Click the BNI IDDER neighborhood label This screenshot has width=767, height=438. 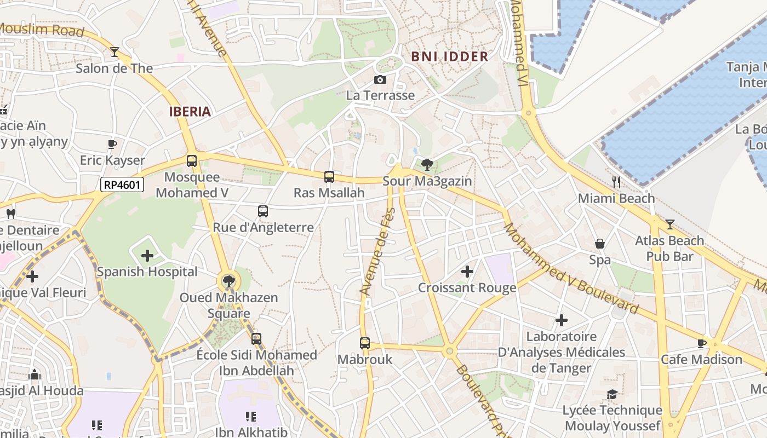coord(449,56)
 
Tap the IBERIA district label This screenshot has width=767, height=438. coord(190,112)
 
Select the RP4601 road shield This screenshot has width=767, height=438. coord(123,185)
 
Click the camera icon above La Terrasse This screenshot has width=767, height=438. coord(380,80)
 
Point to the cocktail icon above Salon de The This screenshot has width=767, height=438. coord(115,52)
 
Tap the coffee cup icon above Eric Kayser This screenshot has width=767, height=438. coord(112,145)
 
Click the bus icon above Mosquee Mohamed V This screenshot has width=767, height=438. coord(192,161)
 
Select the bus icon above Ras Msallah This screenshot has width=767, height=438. coord(329,177)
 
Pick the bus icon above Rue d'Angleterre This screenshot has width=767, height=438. coord(263,211)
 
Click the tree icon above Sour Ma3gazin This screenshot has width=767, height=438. coord(427,164)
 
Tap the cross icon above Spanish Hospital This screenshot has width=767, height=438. coord(147,256)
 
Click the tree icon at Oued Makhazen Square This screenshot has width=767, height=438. coord(228,281)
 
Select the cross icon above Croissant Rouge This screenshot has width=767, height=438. coord(467,272)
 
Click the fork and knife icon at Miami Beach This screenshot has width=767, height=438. coord(616,182)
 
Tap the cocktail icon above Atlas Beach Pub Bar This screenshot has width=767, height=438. coord(669,224)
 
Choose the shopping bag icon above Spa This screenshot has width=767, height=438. coord(600,244)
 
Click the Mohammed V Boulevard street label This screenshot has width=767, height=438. coord(571,268)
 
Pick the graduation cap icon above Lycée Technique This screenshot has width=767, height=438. coord(612,395)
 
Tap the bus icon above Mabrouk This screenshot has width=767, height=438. coord(365,343)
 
